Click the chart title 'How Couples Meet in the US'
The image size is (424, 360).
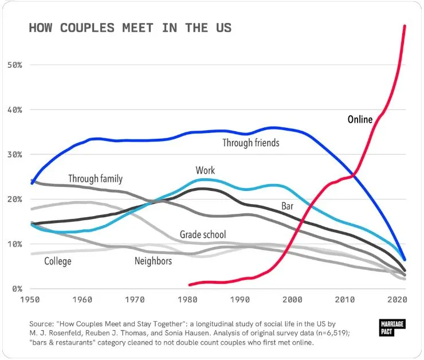[x=130, y=28]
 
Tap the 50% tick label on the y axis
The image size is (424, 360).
[x=14, y=65]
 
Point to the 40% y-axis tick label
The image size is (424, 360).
[x=14, y=109]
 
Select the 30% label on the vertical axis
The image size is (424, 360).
[x=14, y=154]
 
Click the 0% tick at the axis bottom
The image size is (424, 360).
[x=17, y=288]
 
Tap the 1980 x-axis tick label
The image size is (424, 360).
[x=187, y=300]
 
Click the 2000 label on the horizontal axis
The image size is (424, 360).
[x=292, y=300]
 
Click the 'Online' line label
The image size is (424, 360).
[x=360, y=120]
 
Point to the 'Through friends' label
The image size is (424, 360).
[x=251, y=142]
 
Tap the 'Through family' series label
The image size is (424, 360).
[x=95, y=179]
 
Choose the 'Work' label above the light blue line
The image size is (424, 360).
[x=205, y=170]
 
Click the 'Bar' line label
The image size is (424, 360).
[x=288, y=206]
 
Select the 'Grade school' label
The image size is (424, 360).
[x=203, y=234]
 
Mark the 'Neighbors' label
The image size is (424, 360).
[x=153, y=261]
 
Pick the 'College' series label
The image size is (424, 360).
[x=58, y=261]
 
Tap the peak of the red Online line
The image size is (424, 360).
[x=405, y=26]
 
